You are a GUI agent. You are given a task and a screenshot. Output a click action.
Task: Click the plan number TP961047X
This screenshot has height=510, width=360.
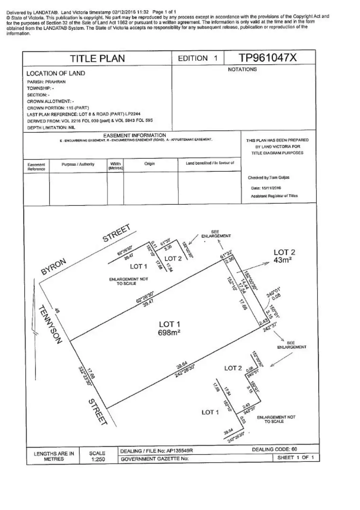268,58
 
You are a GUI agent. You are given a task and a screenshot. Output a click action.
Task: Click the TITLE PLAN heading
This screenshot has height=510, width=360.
98,58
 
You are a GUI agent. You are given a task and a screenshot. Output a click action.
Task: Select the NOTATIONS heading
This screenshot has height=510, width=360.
242,69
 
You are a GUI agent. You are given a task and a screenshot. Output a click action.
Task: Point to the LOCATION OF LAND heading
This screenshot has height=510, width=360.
56,73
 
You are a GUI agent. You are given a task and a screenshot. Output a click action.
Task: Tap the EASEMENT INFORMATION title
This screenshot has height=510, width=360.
135,135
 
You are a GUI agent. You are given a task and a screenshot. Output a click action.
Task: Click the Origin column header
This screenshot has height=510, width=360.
150,164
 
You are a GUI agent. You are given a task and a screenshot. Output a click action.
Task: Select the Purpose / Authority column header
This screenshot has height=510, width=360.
78,164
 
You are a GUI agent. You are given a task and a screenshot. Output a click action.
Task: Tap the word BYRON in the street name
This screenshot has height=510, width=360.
54,267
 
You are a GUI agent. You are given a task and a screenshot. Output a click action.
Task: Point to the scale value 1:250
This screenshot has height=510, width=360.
97,459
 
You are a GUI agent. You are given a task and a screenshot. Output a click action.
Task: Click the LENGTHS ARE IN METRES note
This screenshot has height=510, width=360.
54,456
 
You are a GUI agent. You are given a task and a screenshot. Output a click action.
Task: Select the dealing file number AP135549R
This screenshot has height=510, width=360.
179,451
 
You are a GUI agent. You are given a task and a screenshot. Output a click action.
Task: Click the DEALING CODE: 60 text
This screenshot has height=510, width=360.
274,449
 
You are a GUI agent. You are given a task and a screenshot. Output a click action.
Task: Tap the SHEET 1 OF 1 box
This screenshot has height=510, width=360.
295,458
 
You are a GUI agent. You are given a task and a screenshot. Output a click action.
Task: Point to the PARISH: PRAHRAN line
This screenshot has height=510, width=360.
46,82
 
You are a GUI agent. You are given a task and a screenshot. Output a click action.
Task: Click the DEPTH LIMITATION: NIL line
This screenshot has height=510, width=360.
51,128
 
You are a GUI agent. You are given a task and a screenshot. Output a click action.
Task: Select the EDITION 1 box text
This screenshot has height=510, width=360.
198,58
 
